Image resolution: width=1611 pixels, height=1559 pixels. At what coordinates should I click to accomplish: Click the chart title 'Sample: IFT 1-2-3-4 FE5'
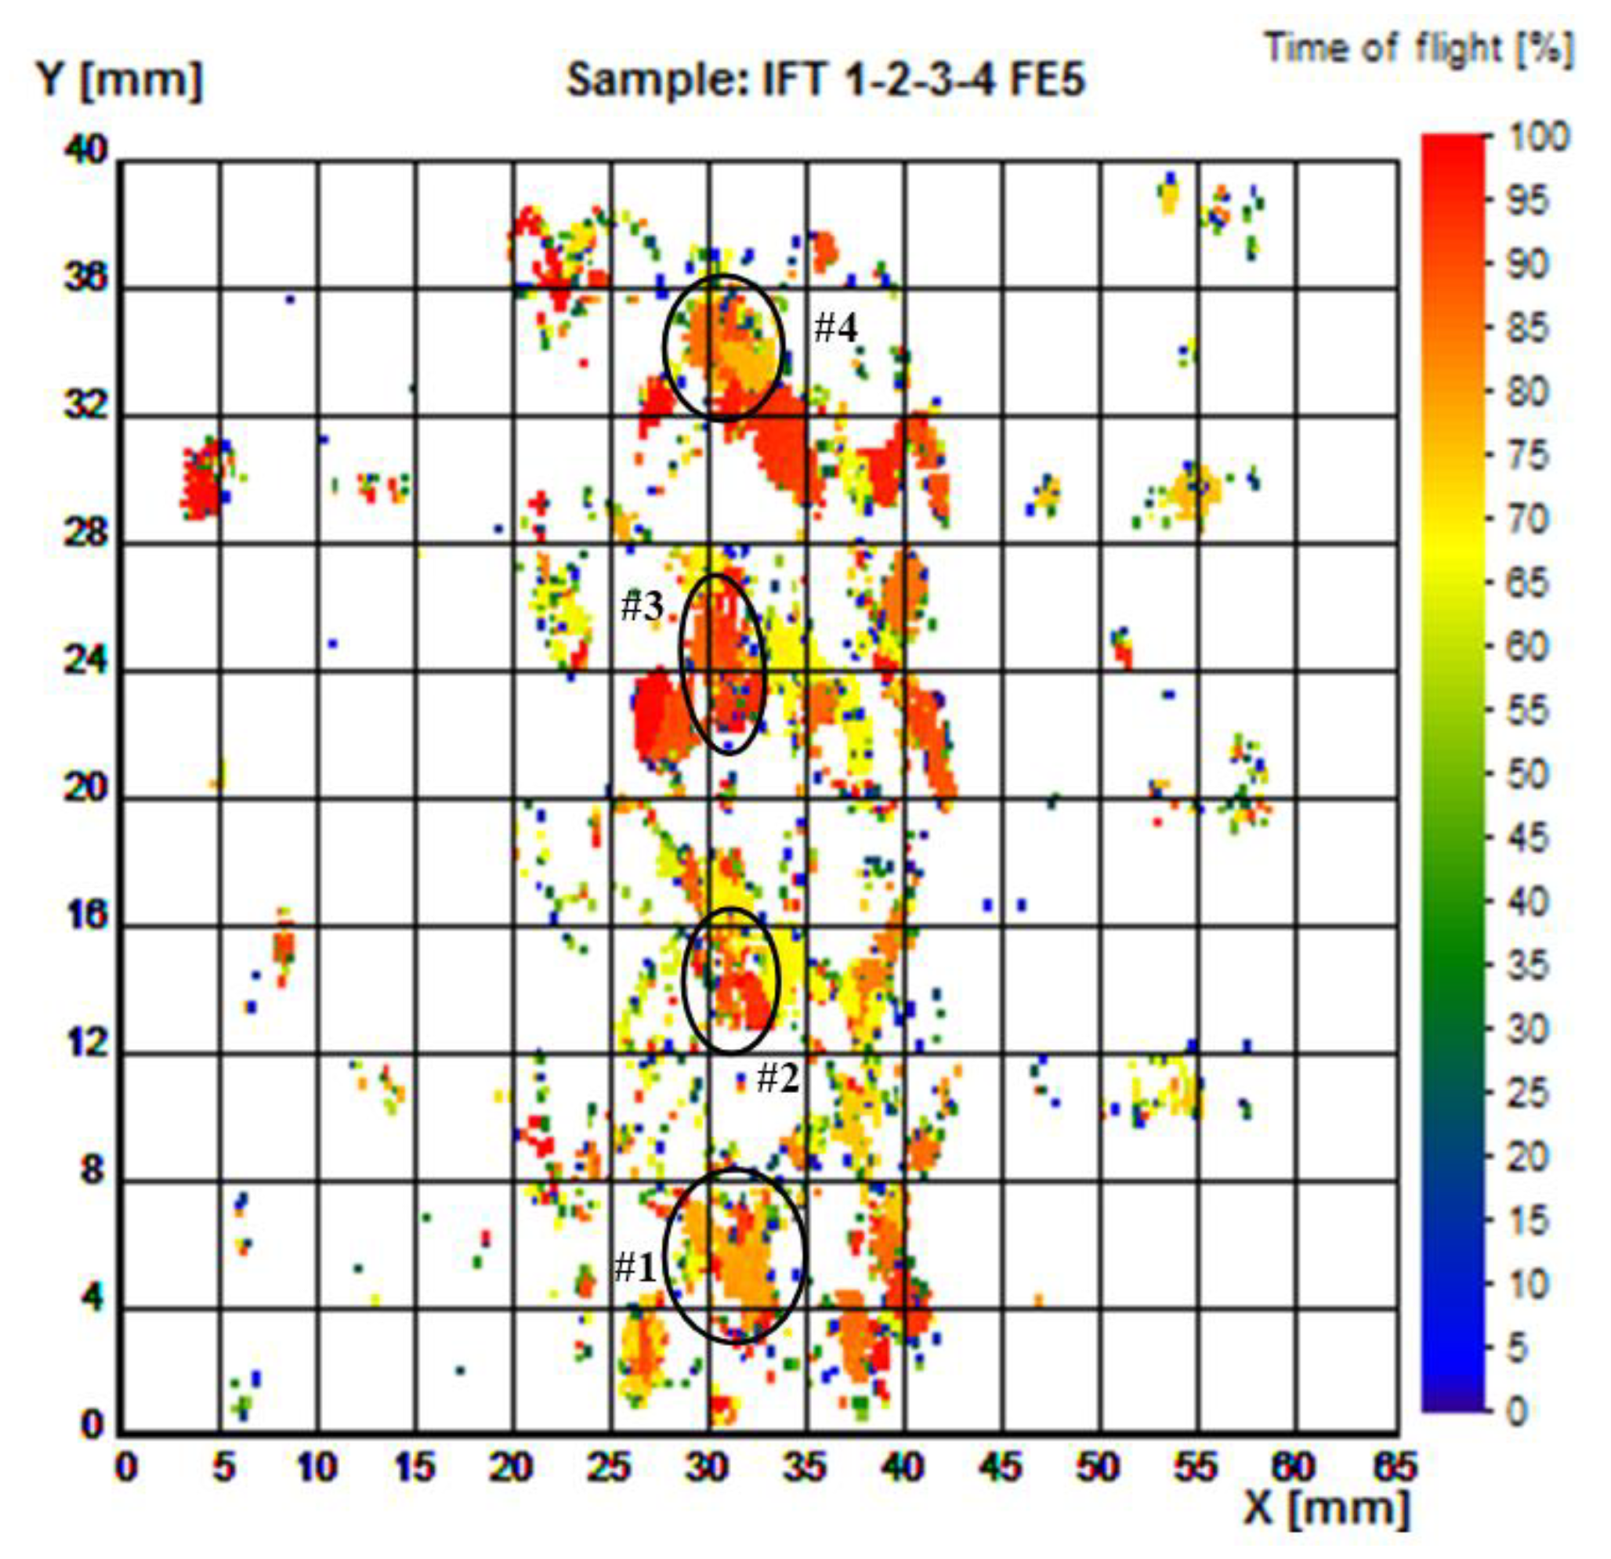825,81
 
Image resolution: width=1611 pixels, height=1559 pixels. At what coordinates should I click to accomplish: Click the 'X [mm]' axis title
1326,1507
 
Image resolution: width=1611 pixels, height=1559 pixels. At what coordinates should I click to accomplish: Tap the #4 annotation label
835,329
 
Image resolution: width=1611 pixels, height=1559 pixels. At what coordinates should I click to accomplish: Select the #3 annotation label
642,606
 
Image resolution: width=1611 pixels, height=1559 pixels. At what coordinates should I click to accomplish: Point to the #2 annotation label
777,1077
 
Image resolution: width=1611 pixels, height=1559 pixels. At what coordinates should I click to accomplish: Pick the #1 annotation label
635,1268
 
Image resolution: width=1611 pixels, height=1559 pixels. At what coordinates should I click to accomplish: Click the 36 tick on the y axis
85,280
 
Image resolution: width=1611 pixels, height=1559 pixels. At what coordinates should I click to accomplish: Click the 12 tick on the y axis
85,1044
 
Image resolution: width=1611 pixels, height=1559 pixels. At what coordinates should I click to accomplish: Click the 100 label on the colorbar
1538,136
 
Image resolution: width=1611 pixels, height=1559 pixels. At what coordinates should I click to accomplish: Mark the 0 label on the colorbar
1517,1411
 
